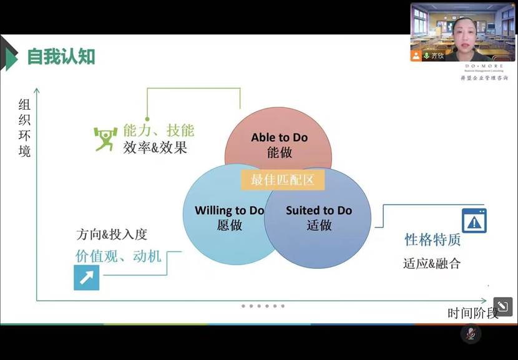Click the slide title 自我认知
click(x=61, y=57)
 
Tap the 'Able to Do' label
click(x=279, y=137)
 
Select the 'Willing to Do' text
click(x=229, y=210)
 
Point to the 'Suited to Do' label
click(x=318, y=210)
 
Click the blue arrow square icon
click(x=86, y=277)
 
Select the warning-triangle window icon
click(x=474, y=221)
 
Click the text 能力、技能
click(x=159, y=130)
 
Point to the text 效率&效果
click(x=155, y=148)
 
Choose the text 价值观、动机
click(x=118, y=255)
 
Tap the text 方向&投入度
click(x=112, y=235)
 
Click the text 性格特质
click(x=432, y=240)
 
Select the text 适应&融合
click(x=432, y=263)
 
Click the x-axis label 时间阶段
click(x=472, y=313)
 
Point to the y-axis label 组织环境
click(x=24, y=128)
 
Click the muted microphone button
click(x=470, y=334)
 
